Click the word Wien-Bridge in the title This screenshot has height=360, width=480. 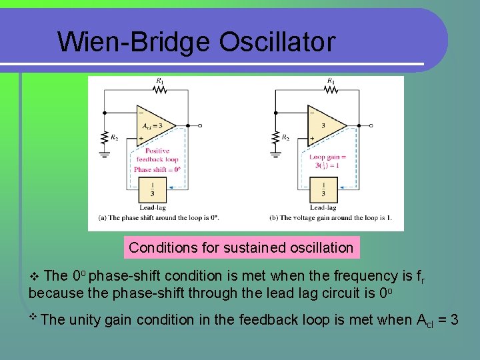pos(133,42)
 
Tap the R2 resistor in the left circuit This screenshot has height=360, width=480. pos(105,137)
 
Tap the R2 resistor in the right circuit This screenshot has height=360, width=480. pos(275,137)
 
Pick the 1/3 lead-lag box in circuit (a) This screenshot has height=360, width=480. pos(153,190)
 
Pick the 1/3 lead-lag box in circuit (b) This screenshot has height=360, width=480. pos(324,190)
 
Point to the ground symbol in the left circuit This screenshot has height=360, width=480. pos(105,155)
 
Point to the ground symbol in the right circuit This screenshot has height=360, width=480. pos(275,155)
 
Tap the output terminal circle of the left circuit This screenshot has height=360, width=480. pos(201,125)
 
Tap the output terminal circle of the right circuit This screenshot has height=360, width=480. pos(371,125)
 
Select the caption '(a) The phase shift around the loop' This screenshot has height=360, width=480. pos(159,218)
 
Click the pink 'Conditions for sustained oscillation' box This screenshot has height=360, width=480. pos(241,248)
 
